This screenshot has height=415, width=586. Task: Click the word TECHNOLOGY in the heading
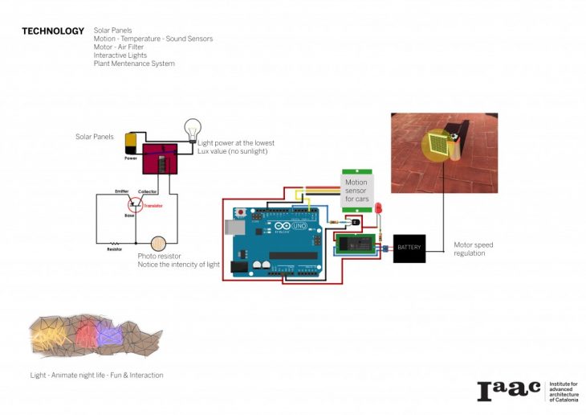(x=53, y=31)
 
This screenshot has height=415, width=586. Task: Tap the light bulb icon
(x=193, y=129)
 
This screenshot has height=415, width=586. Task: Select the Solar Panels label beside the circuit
(x=95, y=137)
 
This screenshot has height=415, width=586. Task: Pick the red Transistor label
(x=153, y=206)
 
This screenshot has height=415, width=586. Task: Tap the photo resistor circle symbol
(x=159, y=242)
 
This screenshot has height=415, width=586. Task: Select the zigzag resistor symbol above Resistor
(x=115, y=242)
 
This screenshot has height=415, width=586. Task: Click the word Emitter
(x=122, y=191)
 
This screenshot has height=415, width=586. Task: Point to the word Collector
(x=147, y=191)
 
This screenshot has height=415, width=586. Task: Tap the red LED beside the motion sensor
(x=378, y=209)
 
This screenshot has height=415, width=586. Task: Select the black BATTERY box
(x=409, y=248)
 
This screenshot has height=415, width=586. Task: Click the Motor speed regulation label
(x=470, y=249)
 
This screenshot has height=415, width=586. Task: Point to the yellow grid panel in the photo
(x=437, y=145)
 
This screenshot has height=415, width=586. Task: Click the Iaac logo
(x=509, y=391)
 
